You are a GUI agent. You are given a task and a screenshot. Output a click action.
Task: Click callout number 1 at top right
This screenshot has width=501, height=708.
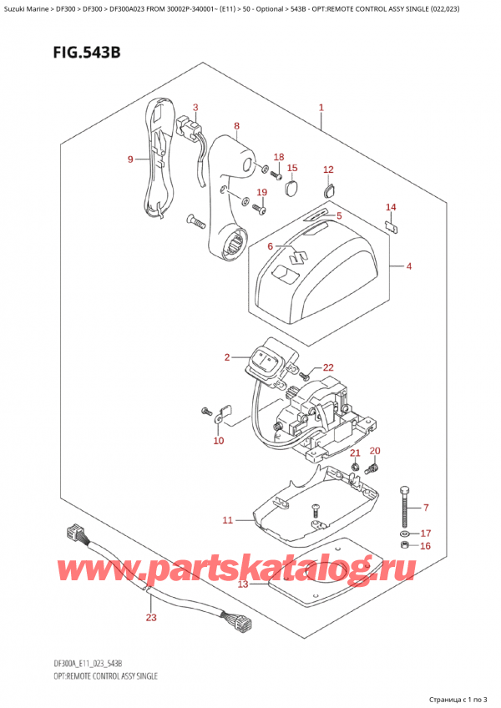pyautogui.click(x=321, y=108)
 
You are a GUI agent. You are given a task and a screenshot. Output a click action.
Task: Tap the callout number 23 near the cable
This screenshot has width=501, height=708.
pyautogui.click(x=151, y=618)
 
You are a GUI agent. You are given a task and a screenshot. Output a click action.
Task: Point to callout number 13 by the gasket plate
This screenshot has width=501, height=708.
pyautogui.click(x=242, y=584)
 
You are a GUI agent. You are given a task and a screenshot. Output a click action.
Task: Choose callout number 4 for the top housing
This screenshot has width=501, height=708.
pyautogui.click(x=409, y=267)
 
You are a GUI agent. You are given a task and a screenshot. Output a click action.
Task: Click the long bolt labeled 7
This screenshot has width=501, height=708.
pyautogui.click(x=405, y=502)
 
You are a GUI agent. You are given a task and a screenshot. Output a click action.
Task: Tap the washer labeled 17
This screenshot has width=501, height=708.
pyautogui.click(x=405, y=533)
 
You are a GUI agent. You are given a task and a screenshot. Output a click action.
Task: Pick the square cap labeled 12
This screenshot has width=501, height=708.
pyautogui.click(x=328, y=190)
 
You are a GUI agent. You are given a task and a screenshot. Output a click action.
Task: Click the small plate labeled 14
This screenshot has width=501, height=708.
pyautogui.click(x=390, y=224)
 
